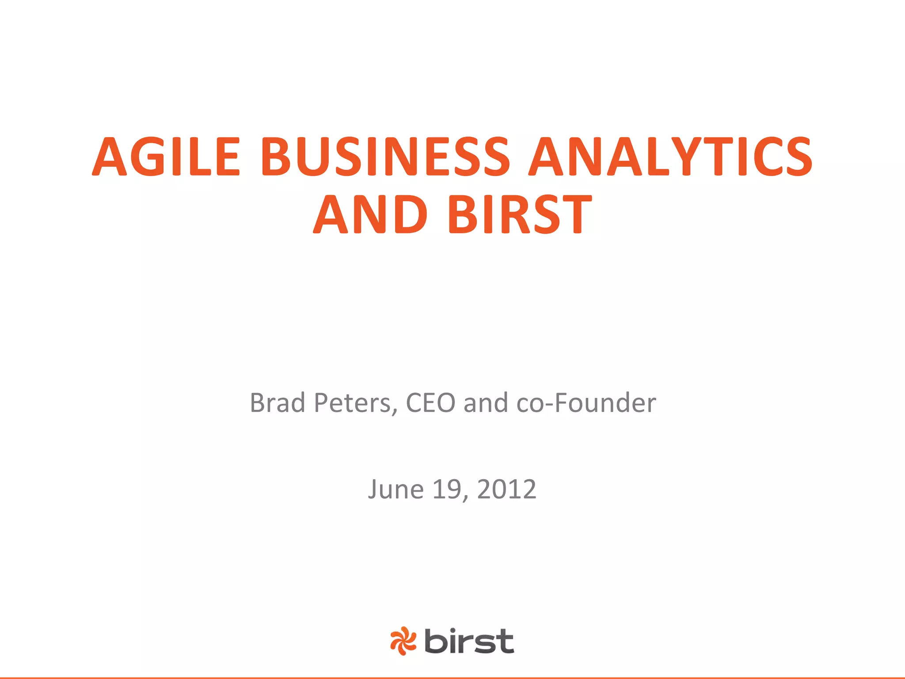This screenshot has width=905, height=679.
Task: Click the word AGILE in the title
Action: [167, 157]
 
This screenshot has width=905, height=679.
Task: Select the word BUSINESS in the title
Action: [385, 157]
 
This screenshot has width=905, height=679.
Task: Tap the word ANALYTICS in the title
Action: [670, 157]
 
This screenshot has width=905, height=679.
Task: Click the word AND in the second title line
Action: [370, 215]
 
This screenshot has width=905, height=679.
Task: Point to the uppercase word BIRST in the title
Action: [520, 215]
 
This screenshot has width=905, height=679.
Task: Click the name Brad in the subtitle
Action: [278, 403]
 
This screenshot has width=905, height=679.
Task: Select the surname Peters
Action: [352, 403]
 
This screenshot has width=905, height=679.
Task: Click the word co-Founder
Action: [586, 403]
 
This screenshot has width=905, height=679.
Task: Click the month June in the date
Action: [396, 489]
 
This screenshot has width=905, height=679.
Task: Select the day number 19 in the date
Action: [447, 489]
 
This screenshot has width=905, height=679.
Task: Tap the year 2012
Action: [506, 489]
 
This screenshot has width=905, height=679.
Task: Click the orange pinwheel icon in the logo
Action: [403, 641]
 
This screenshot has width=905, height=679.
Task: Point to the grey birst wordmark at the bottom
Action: [469, 641]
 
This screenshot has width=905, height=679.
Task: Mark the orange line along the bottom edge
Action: [452, 677]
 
